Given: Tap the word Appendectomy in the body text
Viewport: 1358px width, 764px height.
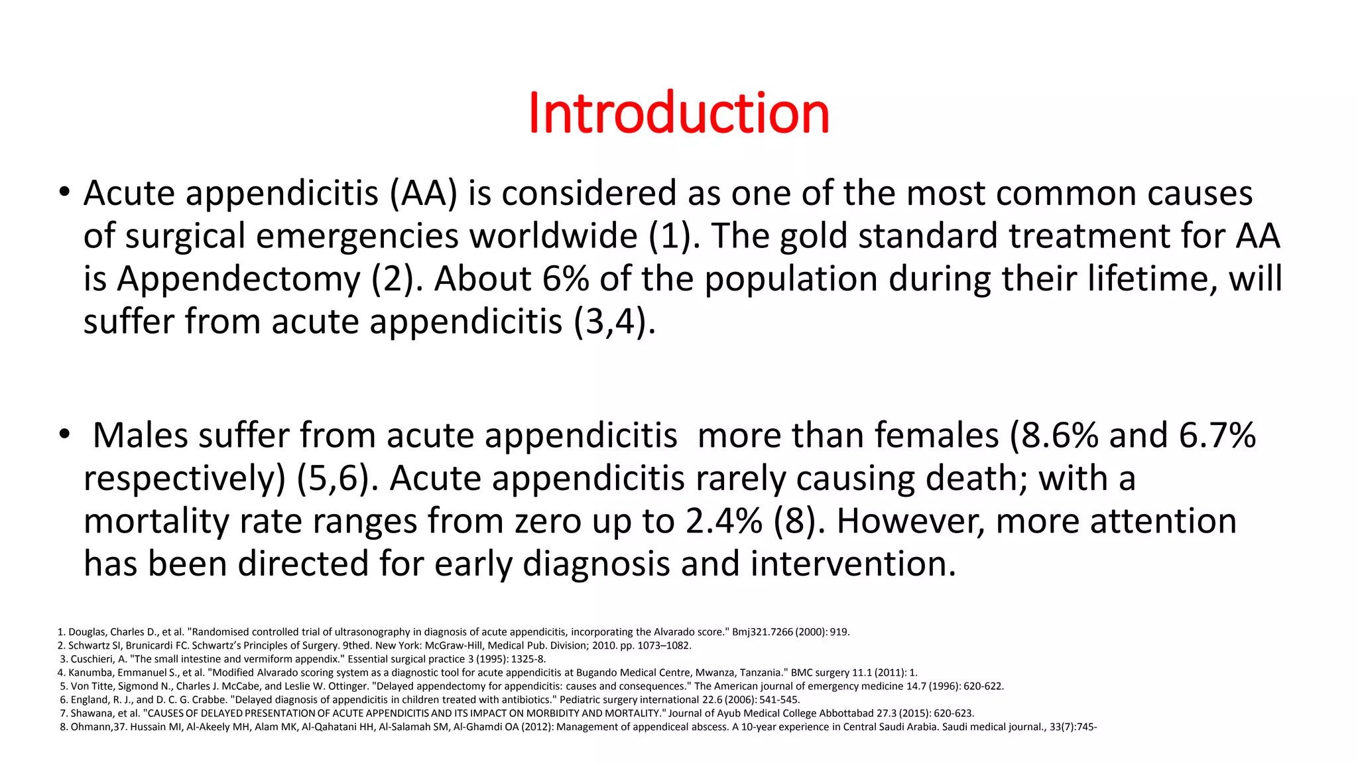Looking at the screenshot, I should tap(239, 279).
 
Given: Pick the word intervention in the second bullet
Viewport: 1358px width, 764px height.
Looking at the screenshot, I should tap(853, 564).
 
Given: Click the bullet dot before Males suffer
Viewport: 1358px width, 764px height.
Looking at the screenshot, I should tap(64, 435).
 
